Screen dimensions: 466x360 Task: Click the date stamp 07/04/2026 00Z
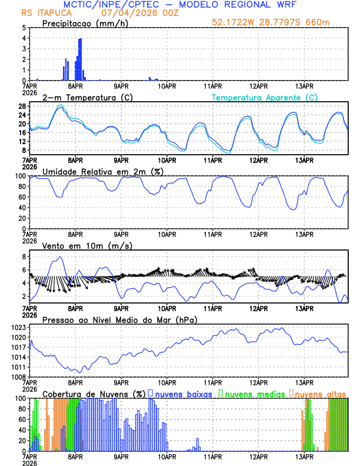[x=131, y=13]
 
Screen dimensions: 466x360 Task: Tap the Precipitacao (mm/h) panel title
[x=84, y=24]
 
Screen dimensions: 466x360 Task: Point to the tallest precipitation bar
[x=80, y=59]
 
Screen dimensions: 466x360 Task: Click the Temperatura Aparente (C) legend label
[x=265, y=97]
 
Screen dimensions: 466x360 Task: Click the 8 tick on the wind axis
[x=24, y=257]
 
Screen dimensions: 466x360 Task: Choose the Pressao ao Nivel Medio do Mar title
[x=119, y=319]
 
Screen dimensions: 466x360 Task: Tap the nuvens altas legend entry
[x=320, y=394]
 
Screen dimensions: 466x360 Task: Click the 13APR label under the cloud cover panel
[x=304, y=457]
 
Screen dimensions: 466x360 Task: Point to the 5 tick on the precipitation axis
[x=24, y=28]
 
